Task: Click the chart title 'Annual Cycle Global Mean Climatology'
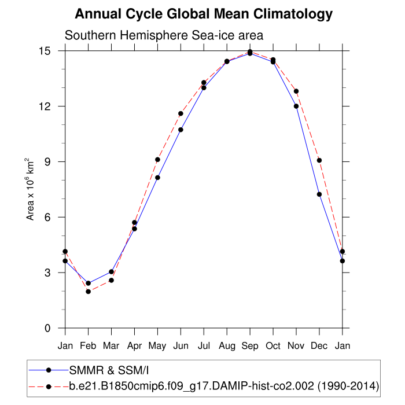[x=204, y=14]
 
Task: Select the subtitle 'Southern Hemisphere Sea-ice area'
[x=164, y=35]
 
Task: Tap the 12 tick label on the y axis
[x=45, y=106]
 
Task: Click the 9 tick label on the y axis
[x=48, y=162]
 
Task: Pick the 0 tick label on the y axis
[x=48, y=329]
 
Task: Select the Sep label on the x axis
[x=250, y=346]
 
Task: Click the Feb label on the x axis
[x=88, y=346]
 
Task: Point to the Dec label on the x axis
[x=319, y=346]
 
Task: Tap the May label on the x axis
[x=157, y=346]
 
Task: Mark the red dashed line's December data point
[x=319, y=160]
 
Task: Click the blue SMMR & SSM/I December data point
[x=319, y=194]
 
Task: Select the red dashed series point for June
[x=181, y=113]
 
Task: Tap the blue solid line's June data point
[x=181, y=130]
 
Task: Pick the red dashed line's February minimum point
[x=88, y=292]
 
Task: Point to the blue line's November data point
[x=296, y=106]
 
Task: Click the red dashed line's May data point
[x=157, y=160]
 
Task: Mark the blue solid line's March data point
[x=111, y=271]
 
